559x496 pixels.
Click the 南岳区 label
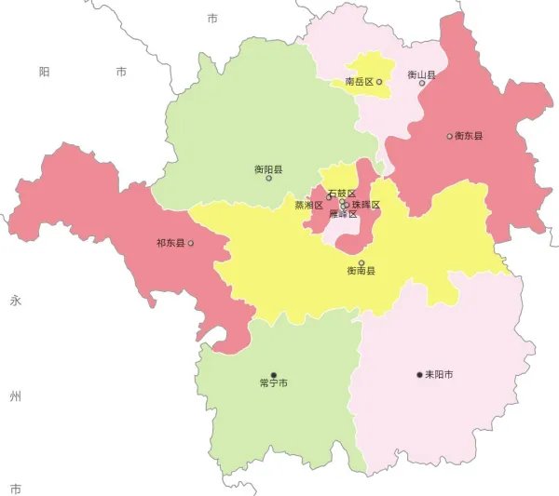[359, 82]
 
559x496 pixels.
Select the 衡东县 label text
[469, 136]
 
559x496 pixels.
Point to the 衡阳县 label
[268, 169]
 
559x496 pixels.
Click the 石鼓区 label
[342, 194]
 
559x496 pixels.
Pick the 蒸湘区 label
[308, 205]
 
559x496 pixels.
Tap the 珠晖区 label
[366, 205]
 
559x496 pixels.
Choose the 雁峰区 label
[343, 215]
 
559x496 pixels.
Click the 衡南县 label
[361, 271]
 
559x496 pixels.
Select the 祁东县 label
[170, 244]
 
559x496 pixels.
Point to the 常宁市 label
[273, 382]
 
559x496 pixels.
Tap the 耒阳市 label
[439, 375]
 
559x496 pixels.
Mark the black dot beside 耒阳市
[419, 375]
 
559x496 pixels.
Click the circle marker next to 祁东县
[191, 244]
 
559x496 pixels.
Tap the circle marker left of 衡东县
[449, 136]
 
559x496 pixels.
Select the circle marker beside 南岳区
[379, 82]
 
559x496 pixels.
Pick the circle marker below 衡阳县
[268, 179]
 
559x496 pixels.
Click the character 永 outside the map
[15, 301]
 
